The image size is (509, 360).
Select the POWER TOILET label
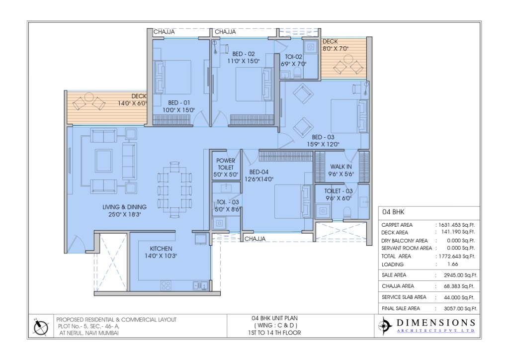pyautogui.click(x=225, y=164)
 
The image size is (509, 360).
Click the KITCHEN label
pyautogui.click(x=161, y=249)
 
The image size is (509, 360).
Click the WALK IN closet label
pyautogui.click(x=341, y=167)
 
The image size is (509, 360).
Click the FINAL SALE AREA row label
pyautogui.click(x=404, y=309)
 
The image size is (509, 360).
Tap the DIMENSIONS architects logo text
pyautogui.click(x=435, y=323)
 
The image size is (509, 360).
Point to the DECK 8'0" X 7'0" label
pyautogui.click(x=336, y=45)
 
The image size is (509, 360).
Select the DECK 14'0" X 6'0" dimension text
pyautogui.click(x=131, y=103)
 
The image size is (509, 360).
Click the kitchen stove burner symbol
pyautogui.click(x=166, y=285)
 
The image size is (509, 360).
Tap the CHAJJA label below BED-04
pyautogui.click(x=254, y=239)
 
